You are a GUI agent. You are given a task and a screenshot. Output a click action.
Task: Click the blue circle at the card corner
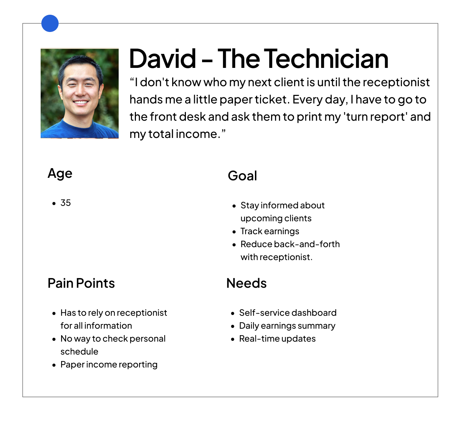tap(50, 23)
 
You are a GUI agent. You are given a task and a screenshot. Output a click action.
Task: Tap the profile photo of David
tap(79, 93)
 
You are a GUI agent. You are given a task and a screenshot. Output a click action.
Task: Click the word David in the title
tap(163, 59)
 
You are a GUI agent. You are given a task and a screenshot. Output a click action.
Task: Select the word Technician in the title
tap(326, 59)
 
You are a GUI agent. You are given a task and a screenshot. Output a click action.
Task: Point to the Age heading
tap(60, 174)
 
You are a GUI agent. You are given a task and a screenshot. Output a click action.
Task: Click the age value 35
tap(65, 203)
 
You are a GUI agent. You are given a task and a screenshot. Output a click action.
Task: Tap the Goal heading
tap(242, 176)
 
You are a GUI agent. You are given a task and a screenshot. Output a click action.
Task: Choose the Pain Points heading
tap(81, 283)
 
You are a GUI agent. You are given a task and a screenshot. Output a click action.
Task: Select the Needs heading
tap(246, 283)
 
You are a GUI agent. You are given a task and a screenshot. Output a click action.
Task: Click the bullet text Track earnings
tap(270, 231)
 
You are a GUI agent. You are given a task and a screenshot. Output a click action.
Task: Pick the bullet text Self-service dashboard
tap(288, 313)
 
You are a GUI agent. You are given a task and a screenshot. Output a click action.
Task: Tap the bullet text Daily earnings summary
tap(287, 326)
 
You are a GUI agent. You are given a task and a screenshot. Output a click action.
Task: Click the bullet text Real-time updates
tap(277, 339)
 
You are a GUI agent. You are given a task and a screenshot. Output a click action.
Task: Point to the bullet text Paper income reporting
tap(109, 365)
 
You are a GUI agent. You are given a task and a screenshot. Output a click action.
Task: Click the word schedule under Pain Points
tap(79, 352)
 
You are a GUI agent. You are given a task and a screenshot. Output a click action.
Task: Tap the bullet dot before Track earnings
tap(234, 232)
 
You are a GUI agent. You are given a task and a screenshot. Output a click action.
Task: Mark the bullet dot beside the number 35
tap(54, 203)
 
